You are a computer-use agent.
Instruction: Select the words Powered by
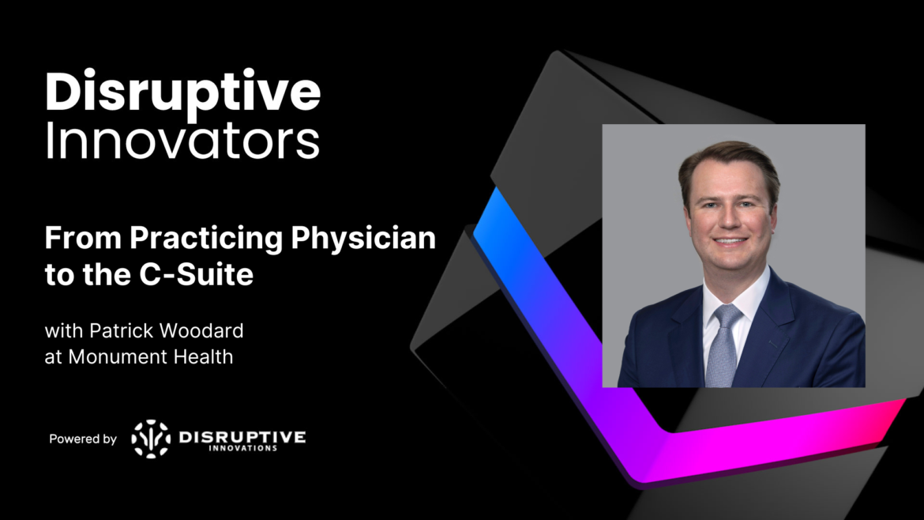tap(83, 439)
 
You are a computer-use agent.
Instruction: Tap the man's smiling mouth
tap(731, 242)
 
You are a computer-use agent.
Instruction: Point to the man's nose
tap(730, 217)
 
